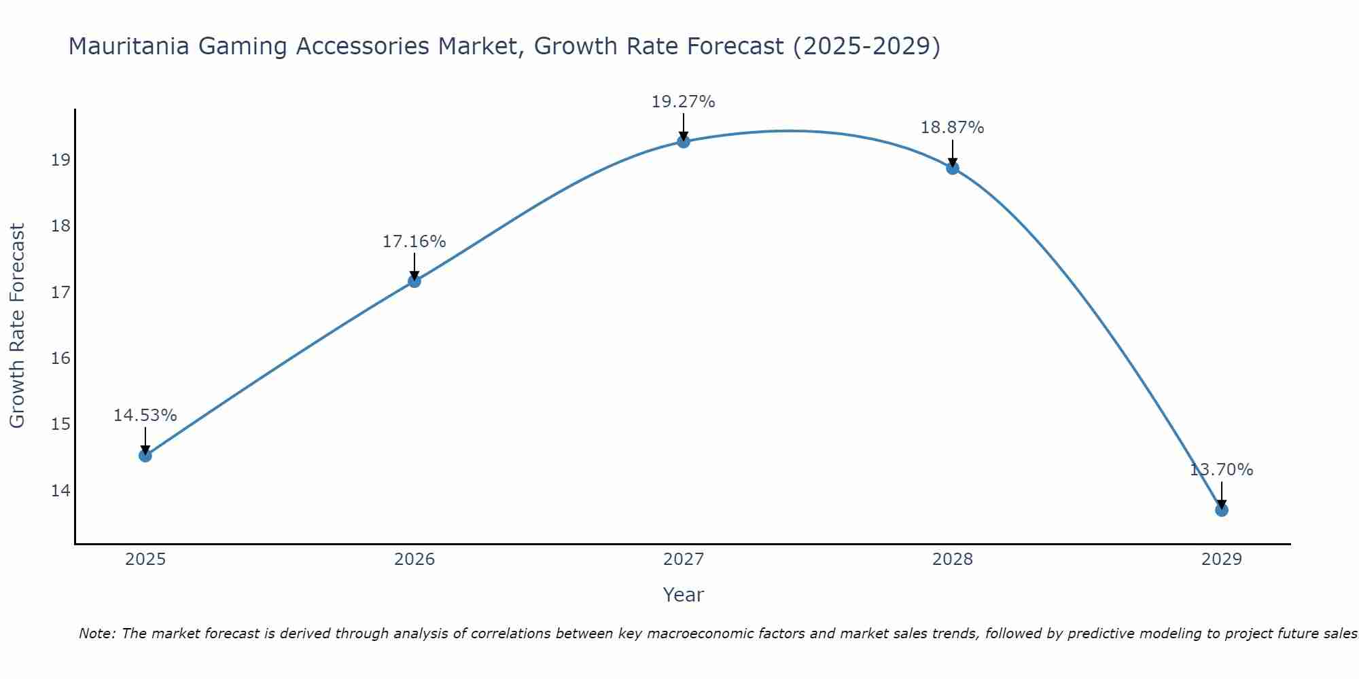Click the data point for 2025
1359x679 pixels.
pos(145,455)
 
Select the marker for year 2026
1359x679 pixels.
pos(414,280)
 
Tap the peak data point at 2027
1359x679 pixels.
pos(683,141)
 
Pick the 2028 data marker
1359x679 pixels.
pos(952,168)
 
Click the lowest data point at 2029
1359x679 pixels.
pos(1221,510)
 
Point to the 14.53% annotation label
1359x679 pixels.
pos(145,416)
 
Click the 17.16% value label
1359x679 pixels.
pos(414,242)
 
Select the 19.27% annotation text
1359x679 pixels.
pos(683,102)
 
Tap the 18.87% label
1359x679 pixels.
pos(952,128)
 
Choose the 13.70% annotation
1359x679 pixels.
pos(1221,470)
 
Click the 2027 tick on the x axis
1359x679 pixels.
pos(683,559)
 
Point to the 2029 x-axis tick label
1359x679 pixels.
pos(1221,559)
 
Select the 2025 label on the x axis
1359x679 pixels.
pos(145,559)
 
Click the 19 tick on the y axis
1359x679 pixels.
pos(60,160)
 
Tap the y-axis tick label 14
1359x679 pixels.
pos(60,490)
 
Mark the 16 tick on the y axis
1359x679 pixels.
pos(60,359)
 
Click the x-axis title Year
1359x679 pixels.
pos(683,595)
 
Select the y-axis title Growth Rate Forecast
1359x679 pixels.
pos(17,326)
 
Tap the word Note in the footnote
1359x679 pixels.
pos(97,634)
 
